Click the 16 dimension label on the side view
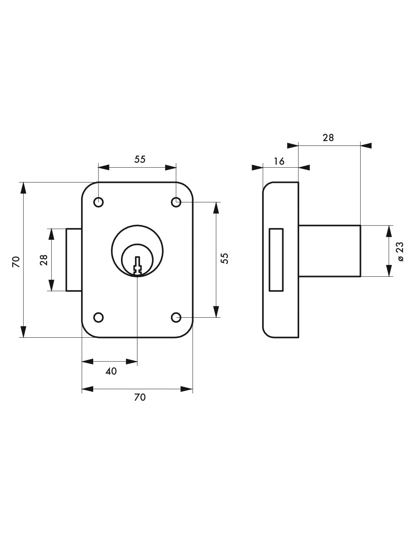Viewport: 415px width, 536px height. click(x=279, y=161)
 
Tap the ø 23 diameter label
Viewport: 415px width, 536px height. click(x=400, y=251)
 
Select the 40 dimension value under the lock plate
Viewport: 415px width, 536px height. click(x=111, y=371)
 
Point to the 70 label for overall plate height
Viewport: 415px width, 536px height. click(x=16, y=261)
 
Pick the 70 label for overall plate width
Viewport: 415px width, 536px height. click(x=140, y=397)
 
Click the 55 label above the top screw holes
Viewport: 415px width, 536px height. click(x=140, y=159)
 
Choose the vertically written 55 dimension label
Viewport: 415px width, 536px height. click(x=225, y=258)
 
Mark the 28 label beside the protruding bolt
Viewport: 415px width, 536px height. click(x=44, y=260)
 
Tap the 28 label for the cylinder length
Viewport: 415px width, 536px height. click(x=328, y=138)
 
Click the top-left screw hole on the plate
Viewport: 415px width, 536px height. click(x=98, y=202)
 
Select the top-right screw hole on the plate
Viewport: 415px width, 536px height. click(x=176, y=202)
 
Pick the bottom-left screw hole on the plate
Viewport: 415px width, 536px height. click(x=98, y=317)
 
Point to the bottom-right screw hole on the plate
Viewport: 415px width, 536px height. click(x=176, y=317)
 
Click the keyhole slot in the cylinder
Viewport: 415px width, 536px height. click(x=137, y=265)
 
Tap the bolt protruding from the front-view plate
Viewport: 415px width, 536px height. click(x=74, y=259)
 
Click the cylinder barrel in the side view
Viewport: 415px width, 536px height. click(x=329, y=251)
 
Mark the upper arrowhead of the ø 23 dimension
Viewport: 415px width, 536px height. click(x=389, y=231)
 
